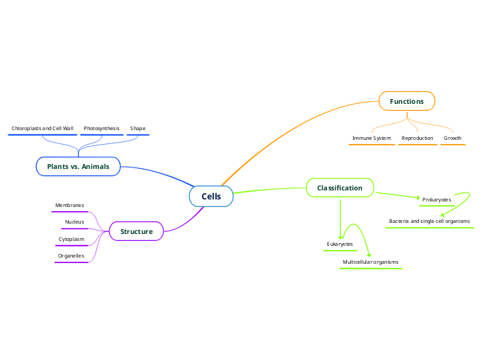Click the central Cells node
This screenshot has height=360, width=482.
[211, 197]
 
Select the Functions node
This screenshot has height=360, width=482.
[407, 102]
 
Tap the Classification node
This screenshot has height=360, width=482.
[339, 188]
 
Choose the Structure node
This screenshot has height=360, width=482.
[136, 231]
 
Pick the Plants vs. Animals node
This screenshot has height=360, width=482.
[78, 167]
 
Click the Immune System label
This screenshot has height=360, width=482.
[372, 138]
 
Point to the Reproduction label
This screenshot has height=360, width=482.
[418, 138]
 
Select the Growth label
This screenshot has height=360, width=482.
[453, 138]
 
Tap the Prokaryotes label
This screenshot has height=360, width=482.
[437, 200]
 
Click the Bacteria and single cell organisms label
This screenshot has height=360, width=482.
[429, 222]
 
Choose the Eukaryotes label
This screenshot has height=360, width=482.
[340, 244]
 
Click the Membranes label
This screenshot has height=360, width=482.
[70, 206]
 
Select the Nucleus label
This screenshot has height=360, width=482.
[74, 222]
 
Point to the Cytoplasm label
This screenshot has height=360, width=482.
[71, 240]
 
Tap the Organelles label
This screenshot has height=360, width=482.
[71, 256]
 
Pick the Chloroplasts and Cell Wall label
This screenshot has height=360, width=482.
[42, 129]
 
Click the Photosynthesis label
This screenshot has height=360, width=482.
[101, 129]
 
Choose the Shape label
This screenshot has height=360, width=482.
[138, 129]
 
